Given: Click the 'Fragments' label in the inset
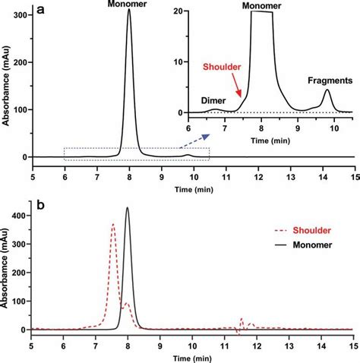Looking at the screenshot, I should (x=329, y=79).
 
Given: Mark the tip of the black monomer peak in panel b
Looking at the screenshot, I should (x=128, y=208).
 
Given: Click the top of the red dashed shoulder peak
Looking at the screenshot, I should (x=113, y=224).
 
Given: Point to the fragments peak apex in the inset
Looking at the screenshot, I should (x=327, y=90).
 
